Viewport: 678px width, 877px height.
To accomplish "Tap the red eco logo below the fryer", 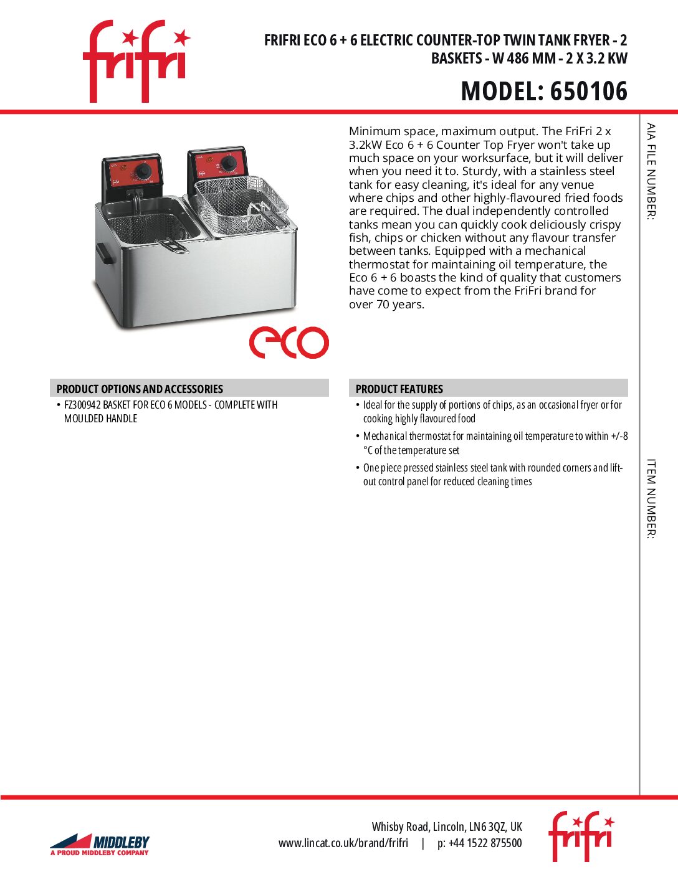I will pyautogui.click(x=289, y=342).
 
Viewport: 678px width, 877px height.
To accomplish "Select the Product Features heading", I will pyautogui.click(x=399, y=389).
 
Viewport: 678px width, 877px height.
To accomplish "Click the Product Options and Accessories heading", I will pyautogui.click(x=140, y=389).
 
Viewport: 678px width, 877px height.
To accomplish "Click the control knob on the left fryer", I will pyautogui.click(x=144, y=172).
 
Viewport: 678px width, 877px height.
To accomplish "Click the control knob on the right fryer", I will pyautogui.click(x=229, y=163).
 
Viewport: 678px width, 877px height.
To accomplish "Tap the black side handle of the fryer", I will pyautogui.click(x=104, y=252).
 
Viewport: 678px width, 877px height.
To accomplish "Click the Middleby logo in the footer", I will pyautogui.click(x=100, y=845).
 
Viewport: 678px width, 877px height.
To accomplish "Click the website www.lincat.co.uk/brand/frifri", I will pyautogui.click(x=343, y=843).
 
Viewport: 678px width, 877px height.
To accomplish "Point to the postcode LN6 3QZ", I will pyautogui.click(x=487, y=827).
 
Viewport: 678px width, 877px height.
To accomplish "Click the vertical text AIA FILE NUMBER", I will pyautogui.click(x=651, y=171).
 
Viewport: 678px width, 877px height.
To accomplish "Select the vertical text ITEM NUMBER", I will pyautogui.click(x=651, y=498).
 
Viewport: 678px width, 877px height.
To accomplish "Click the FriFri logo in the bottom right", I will pyautogui.click(x=581, y=836).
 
